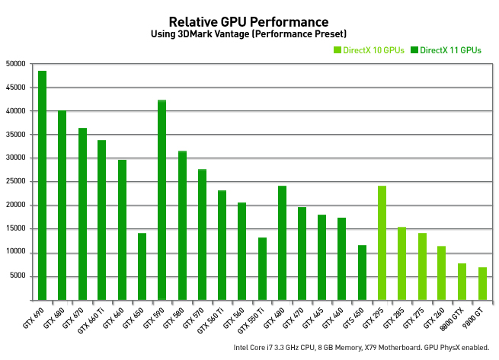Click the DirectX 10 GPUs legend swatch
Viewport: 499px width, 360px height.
click(x=337, y=50)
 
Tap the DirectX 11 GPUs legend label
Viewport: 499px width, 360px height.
click(x=451, y=50)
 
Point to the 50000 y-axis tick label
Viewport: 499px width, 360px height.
click(x=15, y=64)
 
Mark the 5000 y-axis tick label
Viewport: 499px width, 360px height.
click(x=18, y=276)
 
